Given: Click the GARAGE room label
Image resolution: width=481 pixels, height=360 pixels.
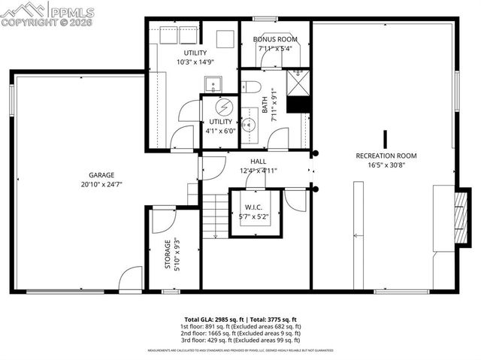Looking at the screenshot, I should pyautogui.click(x=101, y=175).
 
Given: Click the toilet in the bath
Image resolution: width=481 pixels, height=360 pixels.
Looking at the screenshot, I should pyautogui.click(x=250, y=86).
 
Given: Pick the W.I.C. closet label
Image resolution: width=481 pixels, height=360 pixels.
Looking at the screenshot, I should pyautogui.click(x=253, y=207).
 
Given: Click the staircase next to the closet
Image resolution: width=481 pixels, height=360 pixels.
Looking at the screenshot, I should pyautogui.click(x=215, y=214).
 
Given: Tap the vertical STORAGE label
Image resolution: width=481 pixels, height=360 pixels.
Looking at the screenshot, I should pyautogui.click(x=167, y=254).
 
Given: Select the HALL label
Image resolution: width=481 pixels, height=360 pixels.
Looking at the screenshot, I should pyautogui.click(x=258, y=162).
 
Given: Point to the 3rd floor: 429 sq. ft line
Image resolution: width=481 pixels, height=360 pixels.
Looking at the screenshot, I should pyautogui.click(x=240, y=340).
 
